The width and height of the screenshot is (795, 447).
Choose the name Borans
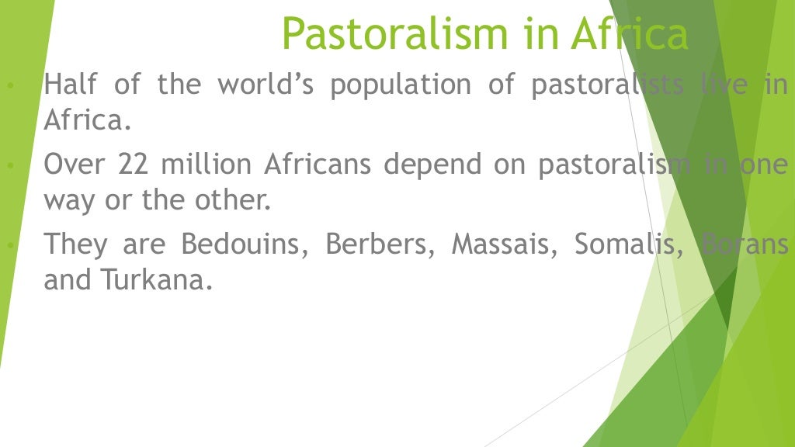tap(745, 244)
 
